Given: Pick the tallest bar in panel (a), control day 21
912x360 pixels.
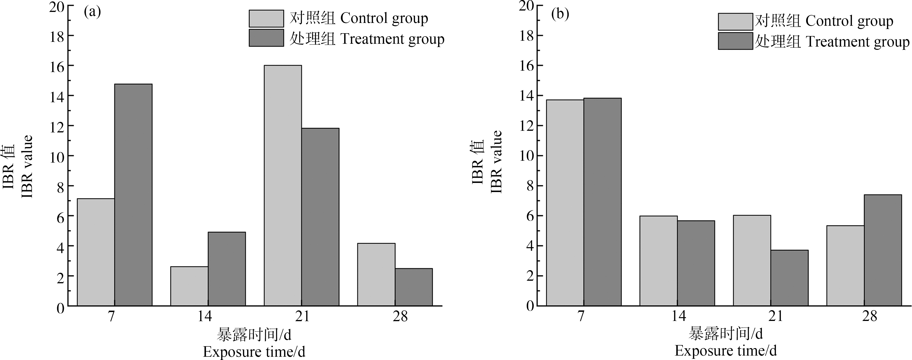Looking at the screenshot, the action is [283, 185].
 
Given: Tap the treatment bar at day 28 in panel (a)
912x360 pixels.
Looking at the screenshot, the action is [414, 287].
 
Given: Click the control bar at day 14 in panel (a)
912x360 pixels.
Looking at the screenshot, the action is [189, 286].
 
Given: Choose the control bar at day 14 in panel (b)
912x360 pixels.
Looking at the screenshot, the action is [659, 261].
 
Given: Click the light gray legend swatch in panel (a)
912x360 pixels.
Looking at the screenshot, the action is [266, 18].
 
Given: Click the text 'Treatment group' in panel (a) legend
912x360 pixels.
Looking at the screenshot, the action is [392, 39].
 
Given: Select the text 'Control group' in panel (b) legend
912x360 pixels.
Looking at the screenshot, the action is [849, 21].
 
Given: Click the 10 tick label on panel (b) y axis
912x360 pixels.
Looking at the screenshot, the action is [527, 156].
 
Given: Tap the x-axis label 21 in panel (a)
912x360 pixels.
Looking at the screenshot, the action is [302, 316].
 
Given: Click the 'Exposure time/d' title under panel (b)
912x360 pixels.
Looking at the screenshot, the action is [726, 351].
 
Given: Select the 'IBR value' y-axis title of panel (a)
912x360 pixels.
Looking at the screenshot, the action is [27, 166].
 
